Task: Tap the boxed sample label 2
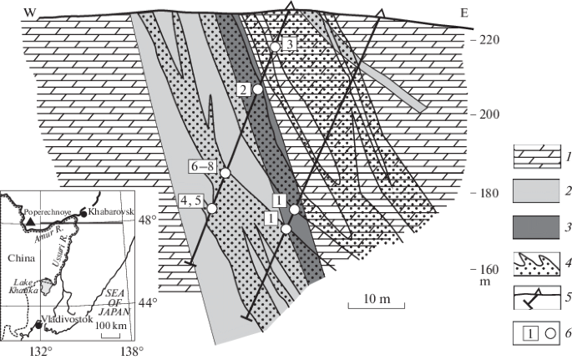(243, 89)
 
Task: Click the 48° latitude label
(147, 221)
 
